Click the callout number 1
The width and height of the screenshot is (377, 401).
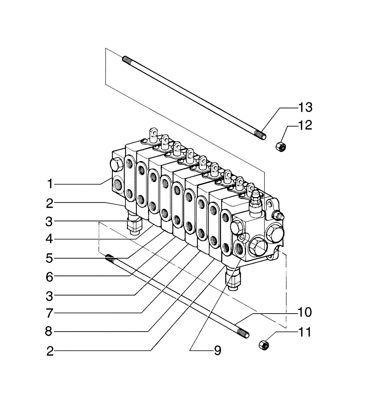pyautogui.click(x=50, y=184)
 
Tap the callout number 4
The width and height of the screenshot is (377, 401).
pyautogui.click(x=50, y=239)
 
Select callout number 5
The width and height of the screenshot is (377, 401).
pyautogui.click(x=50, y=258)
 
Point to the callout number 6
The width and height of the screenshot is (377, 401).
pyautogui.click(x=50, y=276)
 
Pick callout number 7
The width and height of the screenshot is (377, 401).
pyautogui.click(x=50, y=313)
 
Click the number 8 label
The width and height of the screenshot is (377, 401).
pyautogui.click(x=50, y=332)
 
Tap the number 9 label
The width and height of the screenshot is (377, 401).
pyautogui.click(x=217, y=351)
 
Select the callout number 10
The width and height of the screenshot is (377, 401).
pyautogui.click(x=304, y=312)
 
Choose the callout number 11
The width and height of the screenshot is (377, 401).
pyautogui.click(x=304, y=332)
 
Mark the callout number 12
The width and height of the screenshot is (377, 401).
pyautogui.click(x=304, y=126)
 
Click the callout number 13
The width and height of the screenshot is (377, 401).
pyautogui.click(x=304, y=107)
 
